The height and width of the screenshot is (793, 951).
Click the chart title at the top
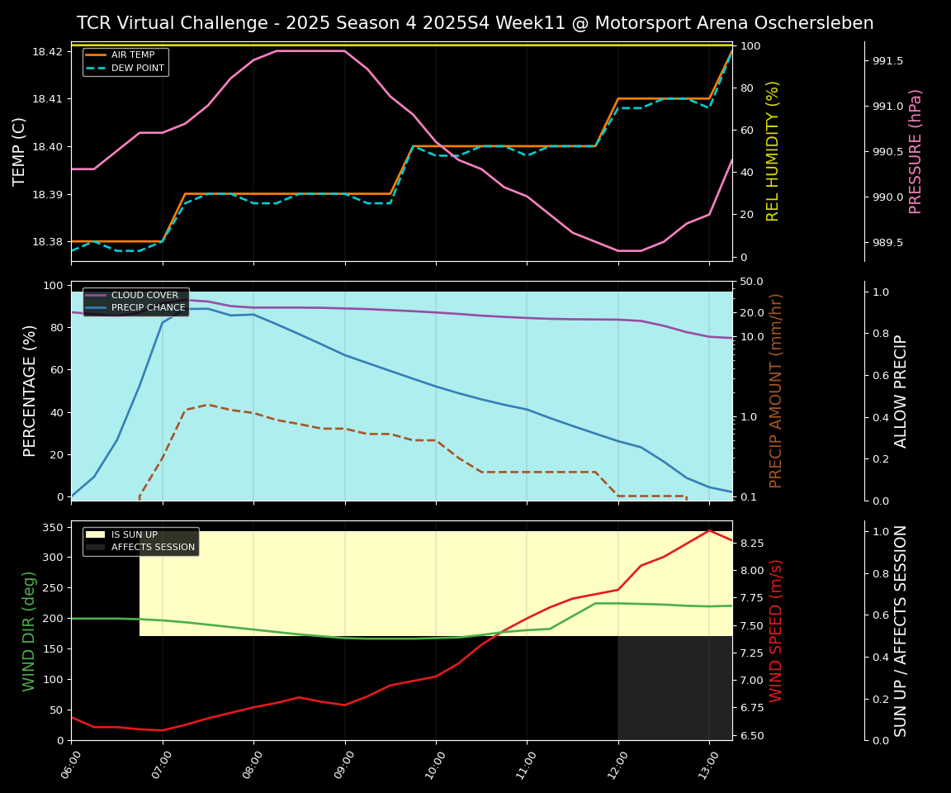point(475,23)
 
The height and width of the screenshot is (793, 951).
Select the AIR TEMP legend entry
point(132,55)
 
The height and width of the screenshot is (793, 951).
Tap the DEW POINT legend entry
point(137,68)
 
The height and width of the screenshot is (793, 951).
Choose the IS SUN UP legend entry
point(134,534)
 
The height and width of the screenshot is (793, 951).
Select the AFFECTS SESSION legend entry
point(153,547)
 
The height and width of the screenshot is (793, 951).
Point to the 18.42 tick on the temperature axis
point(46,51)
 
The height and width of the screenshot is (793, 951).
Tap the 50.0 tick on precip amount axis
point(752,283)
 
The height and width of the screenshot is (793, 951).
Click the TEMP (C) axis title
point(20,151)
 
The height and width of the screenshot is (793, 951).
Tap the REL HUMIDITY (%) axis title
point(774,151)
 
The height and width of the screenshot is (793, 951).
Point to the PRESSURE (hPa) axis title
point(916,151)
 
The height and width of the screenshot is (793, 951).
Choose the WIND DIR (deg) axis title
point(29,630)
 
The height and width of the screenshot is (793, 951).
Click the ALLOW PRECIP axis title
point(901,391)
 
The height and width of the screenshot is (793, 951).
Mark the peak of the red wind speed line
point(709,530)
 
